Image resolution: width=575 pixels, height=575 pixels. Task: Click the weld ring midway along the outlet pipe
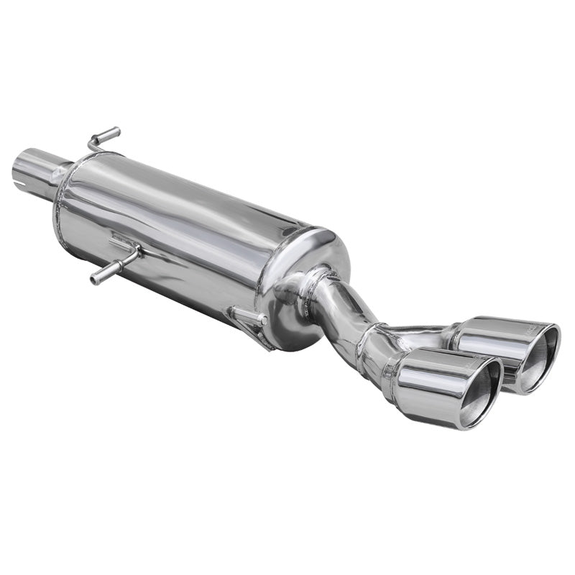click(x=372, y=332)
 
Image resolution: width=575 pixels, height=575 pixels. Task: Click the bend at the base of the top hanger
click(x=92, y=146)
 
